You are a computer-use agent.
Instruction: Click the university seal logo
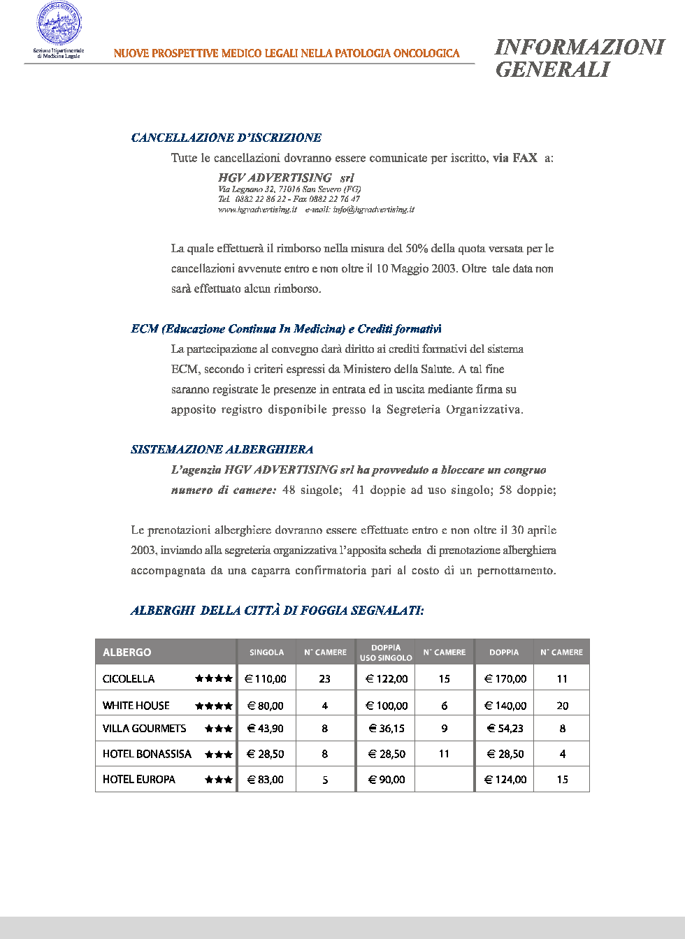59,24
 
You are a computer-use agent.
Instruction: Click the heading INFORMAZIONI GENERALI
579,58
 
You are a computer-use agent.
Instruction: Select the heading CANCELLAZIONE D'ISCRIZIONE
226,138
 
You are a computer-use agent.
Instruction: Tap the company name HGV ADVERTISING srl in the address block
286,178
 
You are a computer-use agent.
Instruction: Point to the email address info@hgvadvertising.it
373,210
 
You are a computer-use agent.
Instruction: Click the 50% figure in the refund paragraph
417,249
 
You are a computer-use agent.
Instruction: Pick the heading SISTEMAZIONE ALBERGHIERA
222,449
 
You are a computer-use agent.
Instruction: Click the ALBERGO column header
127,652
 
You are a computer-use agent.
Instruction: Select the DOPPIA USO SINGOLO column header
385,653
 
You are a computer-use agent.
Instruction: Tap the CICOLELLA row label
129,679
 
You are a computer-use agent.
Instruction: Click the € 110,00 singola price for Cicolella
266,679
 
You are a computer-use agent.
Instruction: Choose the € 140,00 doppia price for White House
505,706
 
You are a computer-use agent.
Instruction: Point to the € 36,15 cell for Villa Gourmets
387,728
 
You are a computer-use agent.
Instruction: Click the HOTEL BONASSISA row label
147,754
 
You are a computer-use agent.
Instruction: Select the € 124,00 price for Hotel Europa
505,780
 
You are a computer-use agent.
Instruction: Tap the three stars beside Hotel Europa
218,780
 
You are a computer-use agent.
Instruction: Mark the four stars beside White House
213,706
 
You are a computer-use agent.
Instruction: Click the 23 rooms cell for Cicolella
325,679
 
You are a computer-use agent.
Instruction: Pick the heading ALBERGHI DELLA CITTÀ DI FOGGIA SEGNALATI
277,611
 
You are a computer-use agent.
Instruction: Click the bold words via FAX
514,158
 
